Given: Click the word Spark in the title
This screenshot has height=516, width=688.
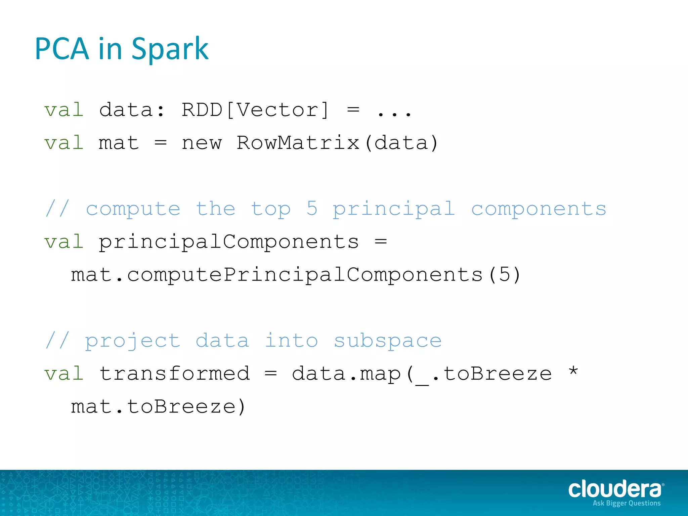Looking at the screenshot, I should (170, 49).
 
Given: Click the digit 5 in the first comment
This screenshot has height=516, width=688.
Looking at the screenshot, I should (312, 208).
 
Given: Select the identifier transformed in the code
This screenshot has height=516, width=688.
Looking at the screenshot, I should (175, 374).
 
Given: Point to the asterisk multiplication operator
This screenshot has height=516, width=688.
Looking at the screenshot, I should (573, 372).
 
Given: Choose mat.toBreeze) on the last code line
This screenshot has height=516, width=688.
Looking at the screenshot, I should (158, 407).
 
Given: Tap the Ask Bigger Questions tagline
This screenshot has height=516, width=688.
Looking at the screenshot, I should (627, 503).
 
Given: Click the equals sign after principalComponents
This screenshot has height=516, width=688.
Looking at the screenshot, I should (381, 241).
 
